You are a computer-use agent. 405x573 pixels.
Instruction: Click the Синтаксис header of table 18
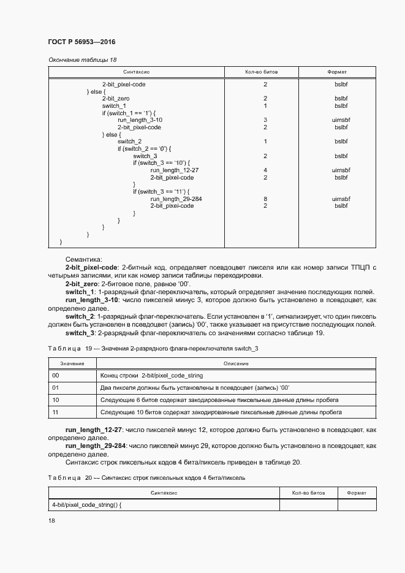tap(136, 72)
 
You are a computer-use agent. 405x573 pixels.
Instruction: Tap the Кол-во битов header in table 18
tap(261, 72)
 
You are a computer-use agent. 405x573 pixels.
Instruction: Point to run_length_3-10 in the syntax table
tap(140, 120)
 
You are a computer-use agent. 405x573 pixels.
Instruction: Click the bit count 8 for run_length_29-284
tap(265, 199)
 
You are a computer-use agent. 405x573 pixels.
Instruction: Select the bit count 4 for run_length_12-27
tap(265, 170)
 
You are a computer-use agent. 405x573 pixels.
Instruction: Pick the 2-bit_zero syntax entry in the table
tap(115, 98)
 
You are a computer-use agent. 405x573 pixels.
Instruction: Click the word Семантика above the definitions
tap(83, 260)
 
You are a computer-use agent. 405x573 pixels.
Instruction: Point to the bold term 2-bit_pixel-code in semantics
tap(91, 268)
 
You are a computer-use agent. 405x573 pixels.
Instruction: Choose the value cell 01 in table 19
tap(56, 387)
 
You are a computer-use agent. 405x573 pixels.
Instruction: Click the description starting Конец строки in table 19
tap(151, 375)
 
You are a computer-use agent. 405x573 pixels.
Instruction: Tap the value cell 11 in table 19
tap(56, 412)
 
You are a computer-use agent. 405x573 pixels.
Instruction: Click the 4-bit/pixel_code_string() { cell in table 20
tap(87, 504)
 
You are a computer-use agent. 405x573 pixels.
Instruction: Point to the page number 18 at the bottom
tap(51, 520)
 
